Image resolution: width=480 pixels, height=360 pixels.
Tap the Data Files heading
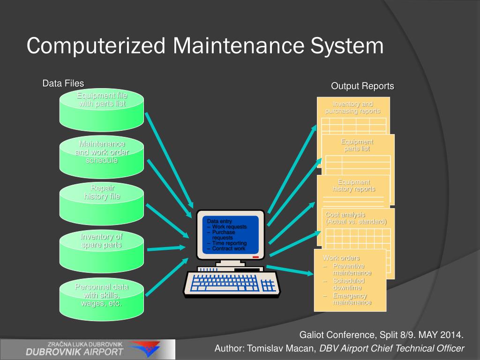pos(63,83)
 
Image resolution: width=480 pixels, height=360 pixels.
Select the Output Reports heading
pos(362,86)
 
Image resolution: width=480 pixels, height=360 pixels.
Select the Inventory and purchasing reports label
pos(353,107)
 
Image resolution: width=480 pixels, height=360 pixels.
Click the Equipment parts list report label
pos(357,145)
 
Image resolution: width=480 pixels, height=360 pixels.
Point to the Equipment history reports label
pos(354,186)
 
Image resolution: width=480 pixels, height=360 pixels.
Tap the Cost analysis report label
pos(356,218)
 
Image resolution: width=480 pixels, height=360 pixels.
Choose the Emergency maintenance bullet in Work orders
pos(352,299)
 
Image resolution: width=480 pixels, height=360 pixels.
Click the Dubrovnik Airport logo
pos(87,349)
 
